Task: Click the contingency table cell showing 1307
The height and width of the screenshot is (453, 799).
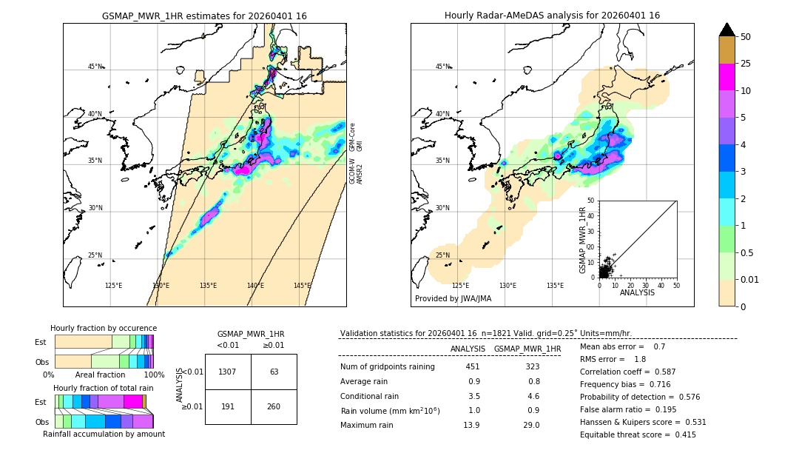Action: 228,372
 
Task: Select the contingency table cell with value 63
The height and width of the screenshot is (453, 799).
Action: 274,372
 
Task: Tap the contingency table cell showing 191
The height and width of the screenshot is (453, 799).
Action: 228,406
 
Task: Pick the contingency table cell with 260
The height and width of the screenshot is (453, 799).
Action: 274,406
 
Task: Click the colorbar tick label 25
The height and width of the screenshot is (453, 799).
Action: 746,64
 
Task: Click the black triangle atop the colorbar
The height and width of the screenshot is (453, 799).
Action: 727,30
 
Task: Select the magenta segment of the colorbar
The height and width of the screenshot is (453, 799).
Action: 727,77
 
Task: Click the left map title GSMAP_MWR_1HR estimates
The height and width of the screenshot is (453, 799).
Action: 204,16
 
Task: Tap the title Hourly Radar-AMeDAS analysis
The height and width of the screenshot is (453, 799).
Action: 552,16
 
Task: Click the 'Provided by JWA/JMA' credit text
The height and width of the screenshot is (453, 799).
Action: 453,298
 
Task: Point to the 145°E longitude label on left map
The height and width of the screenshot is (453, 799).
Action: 302,286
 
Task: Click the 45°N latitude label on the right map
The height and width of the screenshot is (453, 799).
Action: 442,67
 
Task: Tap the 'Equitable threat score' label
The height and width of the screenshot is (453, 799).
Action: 625,434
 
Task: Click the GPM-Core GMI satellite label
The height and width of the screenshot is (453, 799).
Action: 356,137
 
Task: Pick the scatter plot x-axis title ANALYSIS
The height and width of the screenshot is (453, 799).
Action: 637,292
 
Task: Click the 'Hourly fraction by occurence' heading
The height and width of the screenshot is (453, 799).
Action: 104,328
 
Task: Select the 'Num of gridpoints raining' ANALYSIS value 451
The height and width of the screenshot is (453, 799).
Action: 473,366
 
